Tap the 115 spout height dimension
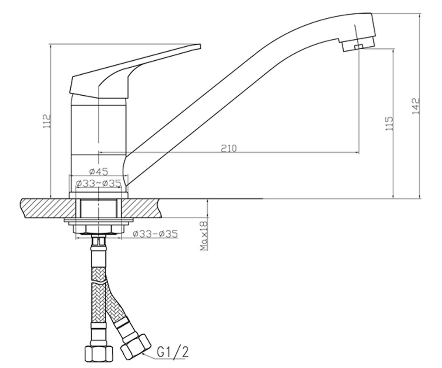click(389, 123)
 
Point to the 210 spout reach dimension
click(229, 148)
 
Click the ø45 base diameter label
click(99, 171)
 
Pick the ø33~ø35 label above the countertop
click(99, 183)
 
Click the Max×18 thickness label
click(204, 236)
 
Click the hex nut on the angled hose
click(136, 347)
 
